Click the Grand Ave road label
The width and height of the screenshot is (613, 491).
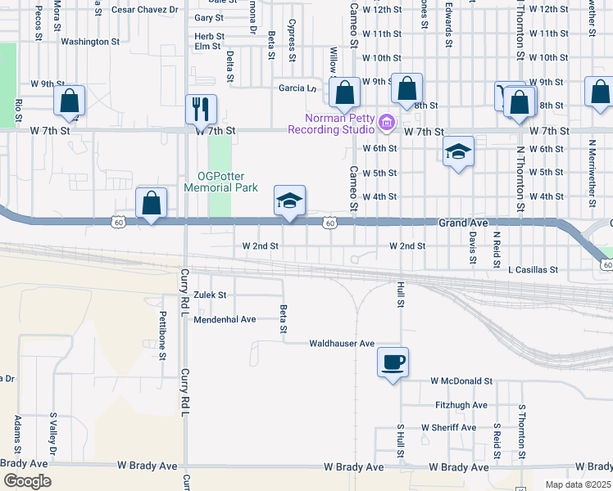[463, 223]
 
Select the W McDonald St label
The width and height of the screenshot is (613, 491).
[462, 381]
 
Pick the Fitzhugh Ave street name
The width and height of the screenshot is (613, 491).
[461, 405]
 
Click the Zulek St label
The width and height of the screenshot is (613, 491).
[210, 295]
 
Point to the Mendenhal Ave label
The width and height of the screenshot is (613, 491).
[225, 319]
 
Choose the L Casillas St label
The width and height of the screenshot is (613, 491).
[533, 269]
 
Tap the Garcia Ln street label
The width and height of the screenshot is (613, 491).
[297, 88]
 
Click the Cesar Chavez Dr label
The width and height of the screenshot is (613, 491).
[144, 10]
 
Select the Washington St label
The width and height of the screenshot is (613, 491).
[90, 41]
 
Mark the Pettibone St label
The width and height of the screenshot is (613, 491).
[163, 336]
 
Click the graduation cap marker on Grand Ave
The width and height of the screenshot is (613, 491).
[289, 201]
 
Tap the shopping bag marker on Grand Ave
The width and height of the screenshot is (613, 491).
[152, 204]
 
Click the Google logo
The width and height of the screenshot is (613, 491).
[27, 480]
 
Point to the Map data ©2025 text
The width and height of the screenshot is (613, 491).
[577, 484]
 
